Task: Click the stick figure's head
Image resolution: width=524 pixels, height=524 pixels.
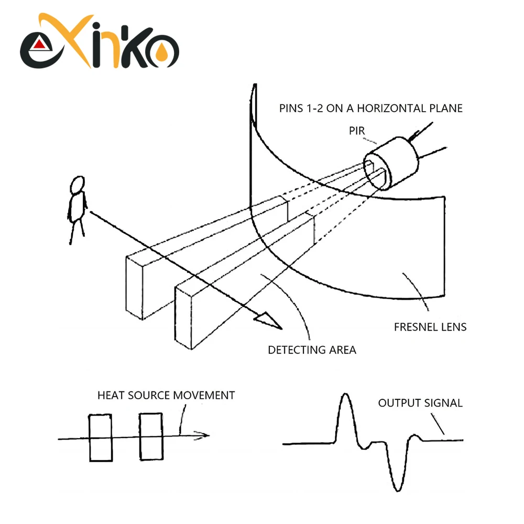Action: point(78,184)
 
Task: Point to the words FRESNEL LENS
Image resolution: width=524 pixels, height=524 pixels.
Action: point(430,327)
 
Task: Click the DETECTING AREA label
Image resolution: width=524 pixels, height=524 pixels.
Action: point(312,350)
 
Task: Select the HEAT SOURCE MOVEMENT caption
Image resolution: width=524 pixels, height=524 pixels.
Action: point(166,395)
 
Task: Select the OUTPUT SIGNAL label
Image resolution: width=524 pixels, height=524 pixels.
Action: point(420,403)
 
